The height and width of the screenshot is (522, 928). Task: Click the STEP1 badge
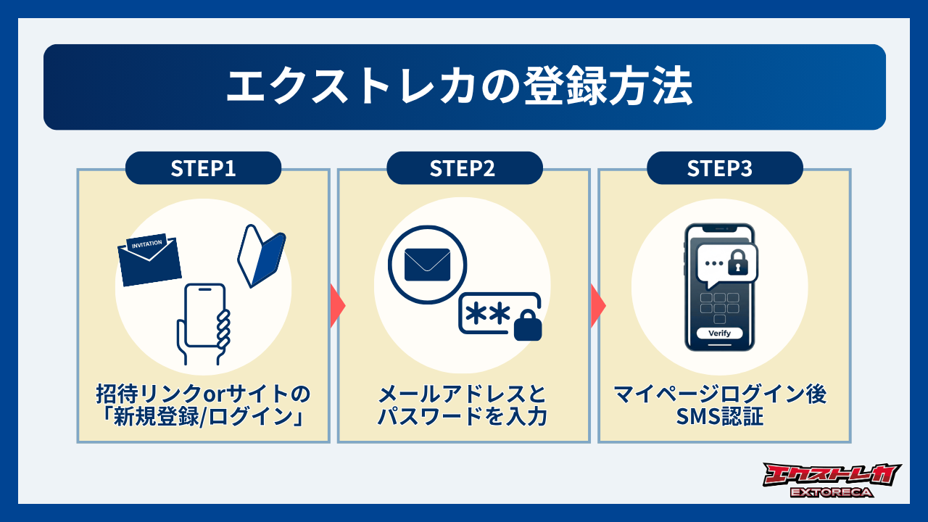(x=203, y=168)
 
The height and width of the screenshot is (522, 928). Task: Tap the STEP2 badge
(x=464, y=168)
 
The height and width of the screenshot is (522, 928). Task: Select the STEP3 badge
(x=724, y=168)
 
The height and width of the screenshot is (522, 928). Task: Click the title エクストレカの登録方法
(x=464, y=88)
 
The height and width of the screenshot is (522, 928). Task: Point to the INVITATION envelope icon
(x=149, y=260)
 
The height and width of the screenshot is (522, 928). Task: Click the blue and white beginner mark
(x=262, y=258)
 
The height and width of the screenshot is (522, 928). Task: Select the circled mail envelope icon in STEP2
(x=427, y=265)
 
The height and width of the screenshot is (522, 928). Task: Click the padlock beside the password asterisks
(x=527, y=326)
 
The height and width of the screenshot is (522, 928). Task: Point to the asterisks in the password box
(x=487, y=314)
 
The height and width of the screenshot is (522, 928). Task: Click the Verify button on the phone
(x=719, y=333)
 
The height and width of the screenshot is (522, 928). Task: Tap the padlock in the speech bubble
(x=737, y=263)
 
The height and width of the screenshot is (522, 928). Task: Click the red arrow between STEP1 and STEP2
(x=337, y=304)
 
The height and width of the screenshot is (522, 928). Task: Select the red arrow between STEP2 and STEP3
(x=598, y=304)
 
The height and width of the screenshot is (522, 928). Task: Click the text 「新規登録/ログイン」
(x=203, y=418)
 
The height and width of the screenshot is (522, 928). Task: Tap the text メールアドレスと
(x=464, y=395)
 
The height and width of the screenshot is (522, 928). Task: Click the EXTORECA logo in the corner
(x=832, y=480)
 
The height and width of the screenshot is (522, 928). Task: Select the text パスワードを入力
(x=464, y=418)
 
